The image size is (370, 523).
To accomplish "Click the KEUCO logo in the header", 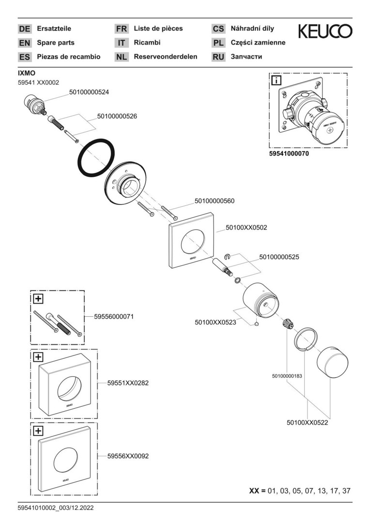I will click(x=325, y=31).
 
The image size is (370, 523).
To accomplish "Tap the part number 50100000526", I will click(x=117, y=116).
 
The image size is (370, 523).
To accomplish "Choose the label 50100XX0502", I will click(x=247, y=227).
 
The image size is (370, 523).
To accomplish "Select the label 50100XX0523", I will click(x=215, y=322).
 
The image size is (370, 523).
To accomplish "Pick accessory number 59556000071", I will click(x=114, y=316).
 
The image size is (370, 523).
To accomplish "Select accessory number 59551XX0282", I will click(x=128, y=383).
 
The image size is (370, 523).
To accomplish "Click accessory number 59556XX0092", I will click(x=128, y=456).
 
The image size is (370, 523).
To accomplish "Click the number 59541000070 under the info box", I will click(x=289, y=154).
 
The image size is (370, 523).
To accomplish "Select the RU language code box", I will click(x=218, y=57).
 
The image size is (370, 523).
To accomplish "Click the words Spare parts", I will click(x=56, y=43).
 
